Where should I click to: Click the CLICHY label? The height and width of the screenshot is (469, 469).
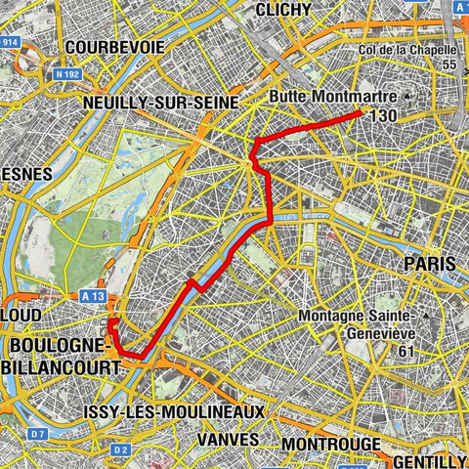(x=282, y=9)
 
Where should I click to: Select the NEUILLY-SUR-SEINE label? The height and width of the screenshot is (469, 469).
(x=161, y=102)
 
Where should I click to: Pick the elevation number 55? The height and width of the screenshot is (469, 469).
(x=449, y=64)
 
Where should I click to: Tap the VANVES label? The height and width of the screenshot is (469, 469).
(x=229, y=439)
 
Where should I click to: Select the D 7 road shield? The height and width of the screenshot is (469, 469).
(x=37, y=432)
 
